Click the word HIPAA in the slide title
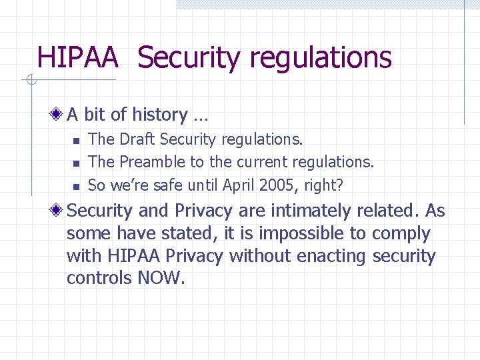(x=77, y=57)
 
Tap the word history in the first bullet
(x=159, y=115)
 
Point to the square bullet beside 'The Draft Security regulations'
(x=76, y=141)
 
